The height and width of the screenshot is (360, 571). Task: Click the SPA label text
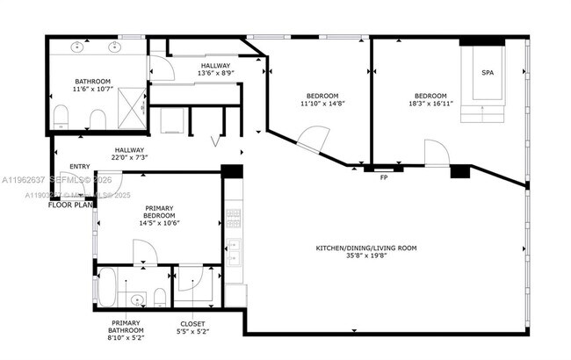pyautogui.click(x=488, y=73)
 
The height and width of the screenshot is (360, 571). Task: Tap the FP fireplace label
pyautogui.click(x=384, y=178)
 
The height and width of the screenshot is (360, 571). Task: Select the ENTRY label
pyautogui.click(x=79, y=167)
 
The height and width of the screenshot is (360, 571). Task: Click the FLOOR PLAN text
pyautogui.click(x=71, y=204)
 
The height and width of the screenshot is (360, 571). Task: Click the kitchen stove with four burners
pyautogui.click(x=233, y=214)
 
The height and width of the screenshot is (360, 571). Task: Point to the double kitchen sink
pyautogui.click(x=233, y=255)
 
